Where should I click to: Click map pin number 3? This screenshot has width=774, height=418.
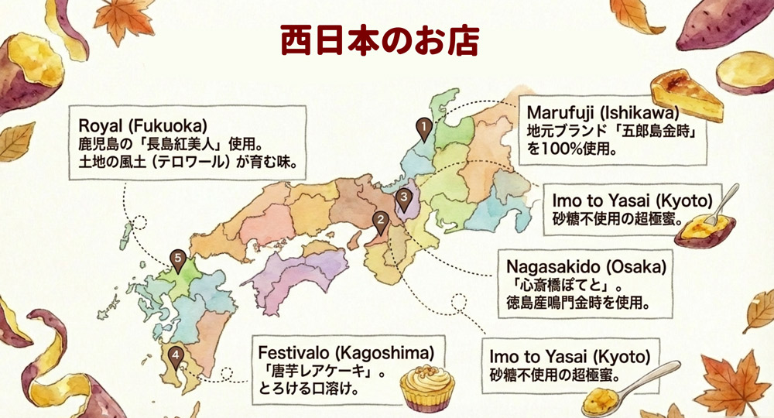[x=403, y=199]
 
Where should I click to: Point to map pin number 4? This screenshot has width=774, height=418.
[x=176, y=357]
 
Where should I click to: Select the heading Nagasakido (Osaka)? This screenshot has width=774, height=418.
[x=586, y=267]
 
